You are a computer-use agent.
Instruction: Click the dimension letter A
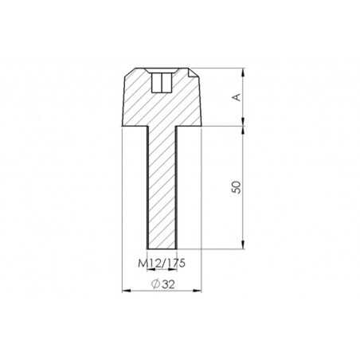click(235, 97)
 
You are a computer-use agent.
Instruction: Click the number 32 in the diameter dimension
click(166, 284)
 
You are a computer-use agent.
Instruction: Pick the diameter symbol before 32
click(154, 284)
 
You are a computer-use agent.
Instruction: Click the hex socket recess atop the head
click(161, 81)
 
